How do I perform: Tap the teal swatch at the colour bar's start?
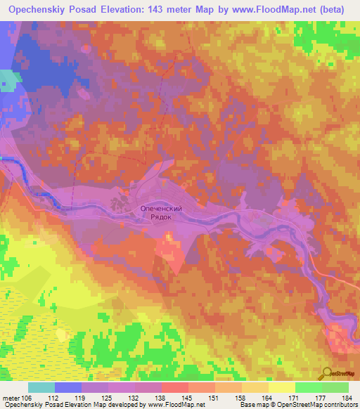(41, 387)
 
